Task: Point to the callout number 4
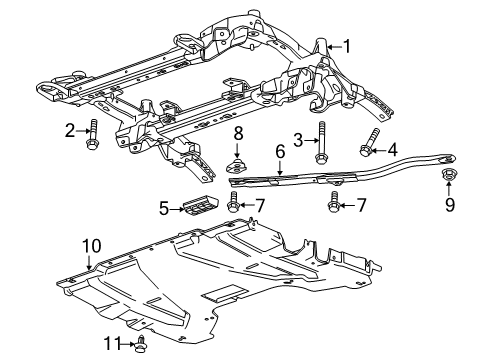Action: [392, 149]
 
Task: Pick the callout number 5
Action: [164, 208]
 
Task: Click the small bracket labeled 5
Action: [197, 204]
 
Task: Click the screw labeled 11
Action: [141, 344]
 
